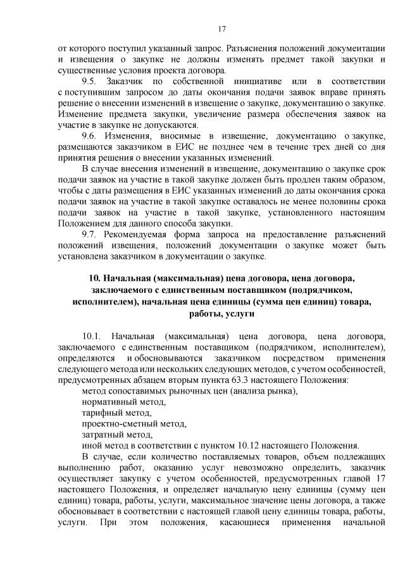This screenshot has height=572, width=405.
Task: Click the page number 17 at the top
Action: (x=221, y=28)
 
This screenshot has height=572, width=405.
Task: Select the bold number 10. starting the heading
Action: (x=95, y=278)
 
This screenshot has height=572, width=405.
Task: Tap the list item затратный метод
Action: (x=117, y=435)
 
